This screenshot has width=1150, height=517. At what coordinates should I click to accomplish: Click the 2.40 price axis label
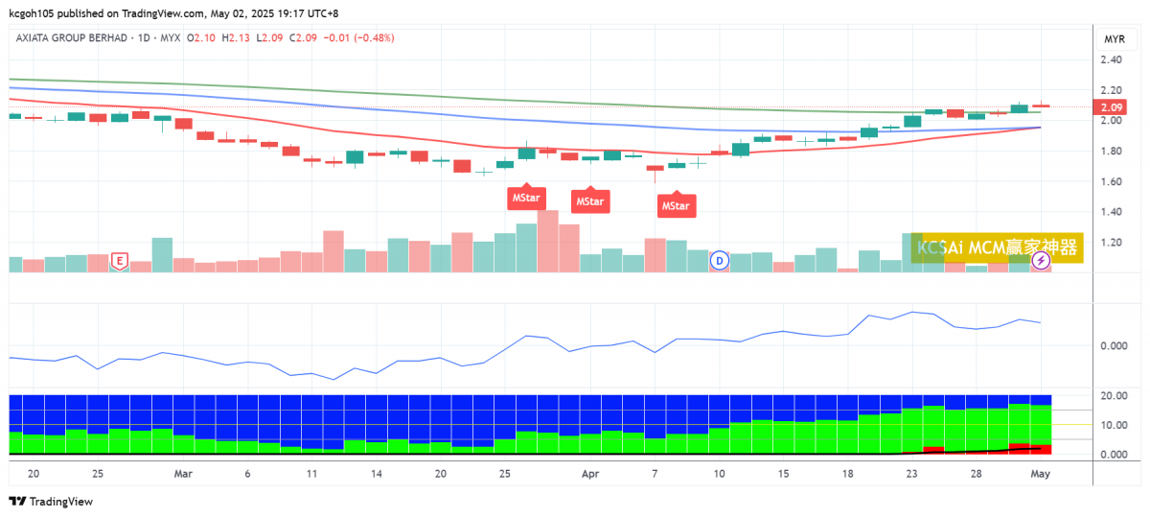point(1112,60)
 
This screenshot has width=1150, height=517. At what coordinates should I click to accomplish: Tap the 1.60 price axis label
point(1112,182)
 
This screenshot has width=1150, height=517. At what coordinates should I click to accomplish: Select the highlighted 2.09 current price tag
point(1112,107)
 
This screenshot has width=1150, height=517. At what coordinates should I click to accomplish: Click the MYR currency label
point(1115,39)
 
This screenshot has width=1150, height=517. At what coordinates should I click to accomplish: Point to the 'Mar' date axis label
point(184,474)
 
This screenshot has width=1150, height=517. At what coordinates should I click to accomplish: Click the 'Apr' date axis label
point(591,474)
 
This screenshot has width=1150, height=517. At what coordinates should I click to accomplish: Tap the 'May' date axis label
point(1041,474)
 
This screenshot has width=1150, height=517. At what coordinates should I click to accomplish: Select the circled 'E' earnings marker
point(120,260)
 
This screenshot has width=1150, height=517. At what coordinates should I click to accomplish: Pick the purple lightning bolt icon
point(1042,259)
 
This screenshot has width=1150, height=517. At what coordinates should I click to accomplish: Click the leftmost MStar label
point(526,199)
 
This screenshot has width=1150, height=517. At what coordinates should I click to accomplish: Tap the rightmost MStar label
point(676,205)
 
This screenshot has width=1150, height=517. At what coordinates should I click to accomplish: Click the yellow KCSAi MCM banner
point(997,247)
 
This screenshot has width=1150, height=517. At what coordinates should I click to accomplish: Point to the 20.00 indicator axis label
point(1113,396)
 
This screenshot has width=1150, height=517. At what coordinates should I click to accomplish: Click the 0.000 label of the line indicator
point(1113,345)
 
